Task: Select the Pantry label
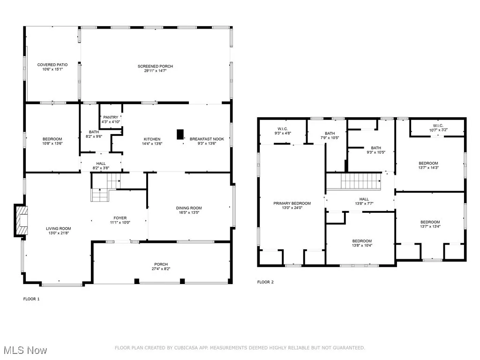click(x=111, y=117)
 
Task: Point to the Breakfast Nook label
click(x=202, y=139)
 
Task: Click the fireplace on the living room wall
click(x=22, y=220)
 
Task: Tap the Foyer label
click(x=120, y=218)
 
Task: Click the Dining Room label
click(x=189, y=208)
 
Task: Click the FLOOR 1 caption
click(x=31, y=299)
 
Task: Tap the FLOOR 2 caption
click(x=265, y=282)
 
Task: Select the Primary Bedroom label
click(x=292, y=203)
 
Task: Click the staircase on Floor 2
click(x=359, y=181)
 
